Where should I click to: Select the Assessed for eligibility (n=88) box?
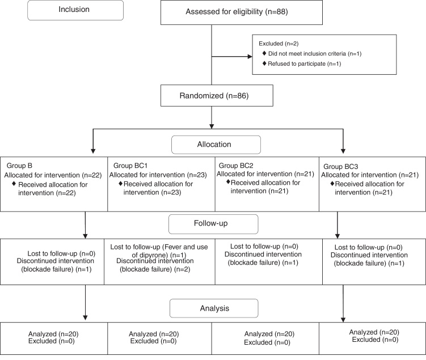tap(242, 12)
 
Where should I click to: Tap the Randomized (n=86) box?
tap(217, 96)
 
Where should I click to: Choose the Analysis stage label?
tap(214, 308)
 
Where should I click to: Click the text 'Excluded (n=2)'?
tap(279, 44)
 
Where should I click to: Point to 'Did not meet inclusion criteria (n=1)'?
tap(315, 53)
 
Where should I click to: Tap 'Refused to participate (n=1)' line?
tap(304, 64)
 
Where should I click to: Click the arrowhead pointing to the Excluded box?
tap(250, 57)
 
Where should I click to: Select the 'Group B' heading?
tap(19, 166)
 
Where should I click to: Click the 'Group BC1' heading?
tap(130, 166)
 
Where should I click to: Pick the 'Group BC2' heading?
tap(236, 166)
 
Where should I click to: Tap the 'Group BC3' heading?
tap(341, 167)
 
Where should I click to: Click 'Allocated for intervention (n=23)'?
tap(158, 175)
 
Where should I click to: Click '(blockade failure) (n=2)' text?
tap(155, 269)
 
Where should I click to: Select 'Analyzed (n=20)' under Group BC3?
tap(374, 332)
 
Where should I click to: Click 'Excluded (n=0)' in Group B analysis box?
tap(52, 341)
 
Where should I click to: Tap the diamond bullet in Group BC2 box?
tap(228, 181)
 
